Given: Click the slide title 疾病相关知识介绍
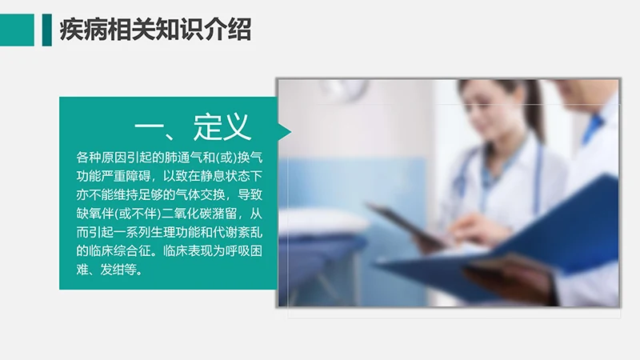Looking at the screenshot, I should click(x=155, y=30).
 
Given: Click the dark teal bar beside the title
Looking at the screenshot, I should click(x=46, y=30).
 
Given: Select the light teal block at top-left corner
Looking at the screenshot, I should click(x=17, y=30).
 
